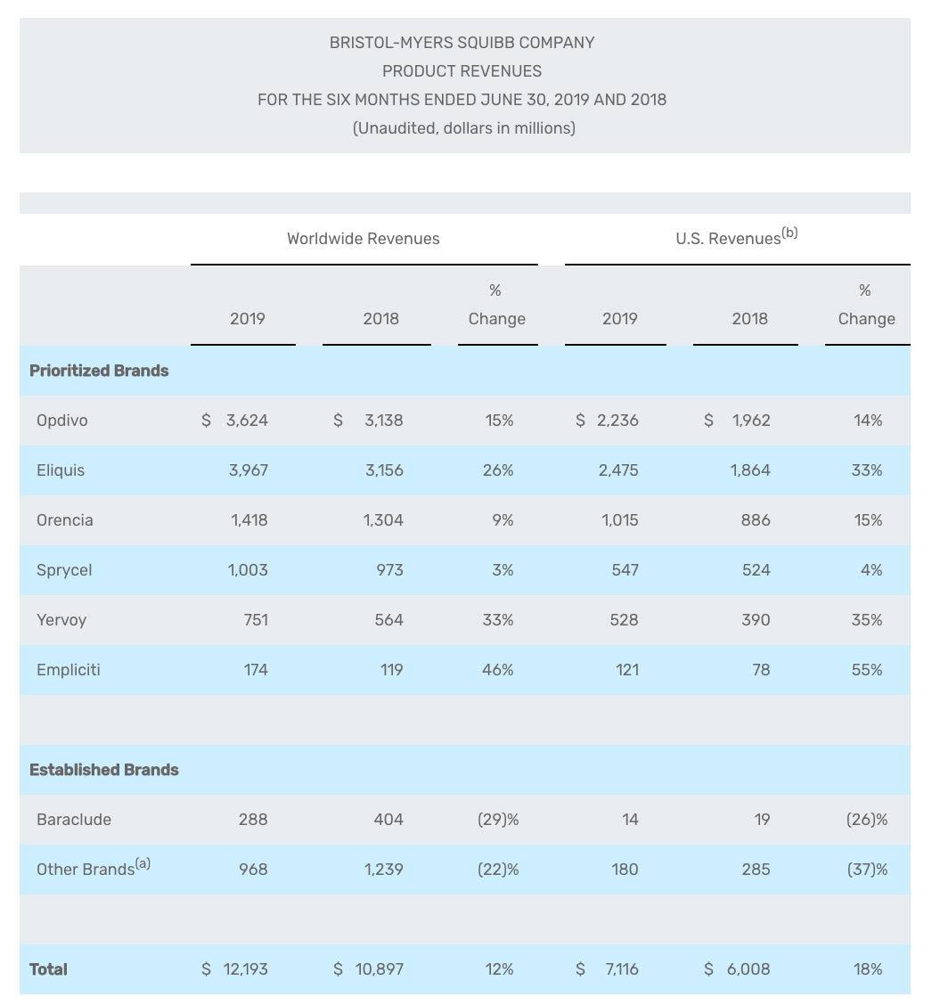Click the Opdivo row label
(x=62, y=421)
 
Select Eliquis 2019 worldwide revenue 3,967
(x=248, y=470)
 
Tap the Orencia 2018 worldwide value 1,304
(x=383, y=520)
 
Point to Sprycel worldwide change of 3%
(x=503, y=570)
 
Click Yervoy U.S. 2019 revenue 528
(x=624, y=620)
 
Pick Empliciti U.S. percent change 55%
(x=867, y=670)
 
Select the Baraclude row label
(x=74, y=820)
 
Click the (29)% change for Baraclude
(x=498, y=820)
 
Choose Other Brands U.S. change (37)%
(x=867, y=870)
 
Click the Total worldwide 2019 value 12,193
(x=245, y=969)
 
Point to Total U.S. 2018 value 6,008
(x=748, y=969)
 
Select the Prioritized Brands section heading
(x=99, y=371)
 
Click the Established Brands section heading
(x=104, y=770)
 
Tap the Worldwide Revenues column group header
(x=364, y=239)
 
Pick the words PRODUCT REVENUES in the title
(x=462, y=71)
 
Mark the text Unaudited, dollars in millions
(x=464, y=128)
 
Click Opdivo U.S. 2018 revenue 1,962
(x=751, y=421)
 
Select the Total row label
(x=48, y=969)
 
